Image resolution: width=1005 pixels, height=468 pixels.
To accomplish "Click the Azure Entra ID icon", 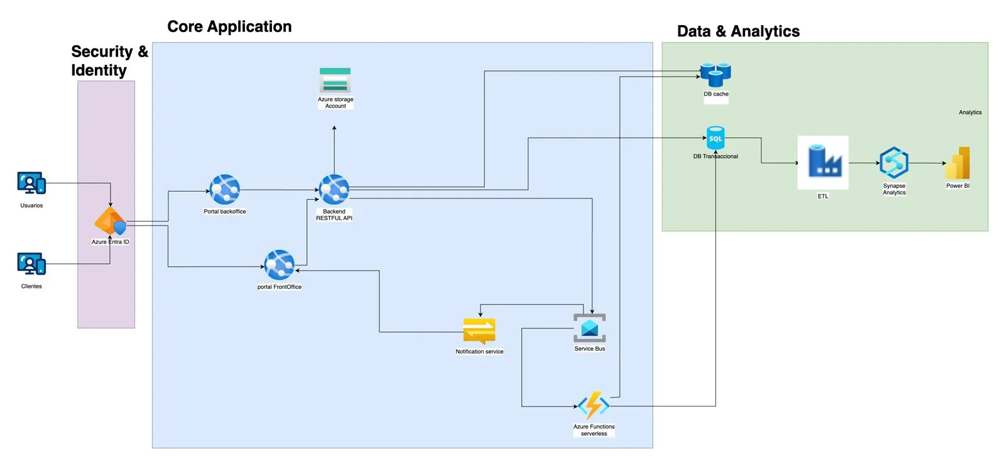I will (111, 221).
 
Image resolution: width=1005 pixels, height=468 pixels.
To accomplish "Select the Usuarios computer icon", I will (31, 183).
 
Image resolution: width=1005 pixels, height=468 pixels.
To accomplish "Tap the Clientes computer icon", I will (31, 264).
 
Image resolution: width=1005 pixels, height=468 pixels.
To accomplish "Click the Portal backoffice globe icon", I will (225, 190).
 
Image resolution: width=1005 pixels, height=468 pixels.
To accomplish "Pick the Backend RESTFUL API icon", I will (334, 190).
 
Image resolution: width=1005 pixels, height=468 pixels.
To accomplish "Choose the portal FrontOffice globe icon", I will (280, 265).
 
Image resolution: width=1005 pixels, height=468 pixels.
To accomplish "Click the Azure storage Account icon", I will (335, 80).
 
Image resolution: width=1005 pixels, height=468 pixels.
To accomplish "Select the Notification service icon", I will (479, 331).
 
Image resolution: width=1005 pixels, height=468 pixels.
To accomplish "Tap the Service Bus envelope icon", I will (589, 328).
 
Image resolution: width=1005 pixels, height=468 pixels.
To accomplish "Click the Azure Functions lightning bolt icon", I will (594, 406).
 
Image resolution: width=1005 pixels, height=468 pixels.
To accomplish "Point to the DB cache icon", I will (715, 75).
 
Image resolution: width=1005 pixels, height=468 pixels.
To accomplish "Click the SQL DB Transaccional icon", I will (715, 138).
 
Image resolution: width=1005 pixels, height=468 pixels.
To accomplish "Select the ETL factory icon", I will (823, 162).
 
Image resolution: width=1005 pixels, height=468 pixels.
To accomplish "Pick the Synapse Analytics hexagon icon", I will (894, 163).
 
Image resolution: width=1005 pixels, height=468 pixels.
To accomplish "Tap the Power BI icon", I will (959, 163).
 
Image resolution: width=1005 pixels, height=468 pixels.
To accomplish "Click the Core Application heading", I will (229, 26).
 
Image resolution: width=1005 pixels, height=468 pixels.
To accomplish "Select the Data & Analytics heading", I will (738, 31).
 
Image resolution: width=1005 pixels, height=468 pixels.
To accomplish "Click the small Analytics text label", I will (970, 112).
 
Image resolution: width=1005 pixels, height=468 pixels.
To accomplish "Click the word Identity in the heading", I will (99, 70).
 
